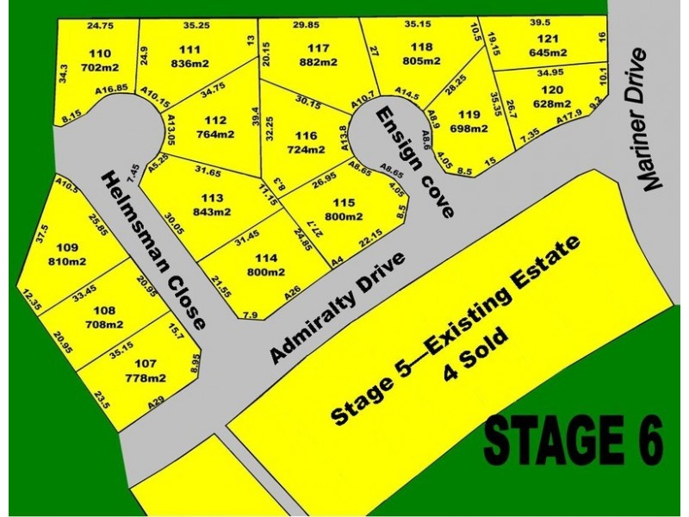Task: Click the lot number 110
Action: (100, 52)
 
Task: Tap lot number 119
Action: (469, 115)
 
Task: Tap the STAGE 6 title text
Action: (574, 439)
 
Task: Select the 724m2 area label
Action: (307, 149)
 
